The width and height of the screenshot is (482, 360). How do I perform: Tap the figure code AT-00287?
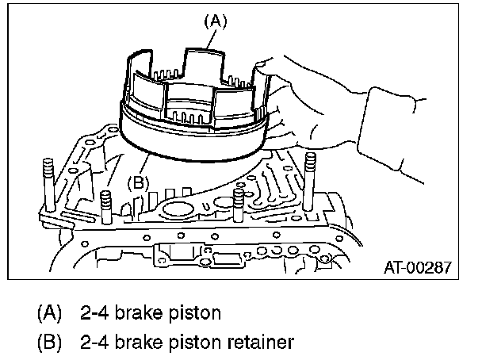pos(415,267)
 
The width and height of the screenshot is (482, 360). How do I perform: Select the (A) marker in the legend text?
pos(48,313)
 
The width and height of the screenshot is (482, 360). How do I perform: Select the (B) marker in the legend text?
pos(48,343)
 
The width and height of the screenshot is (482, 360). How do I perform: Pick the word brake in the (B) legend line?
pos(139,343)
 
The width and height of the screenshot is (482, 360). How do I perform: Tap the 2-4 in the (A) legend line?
pos(94,313)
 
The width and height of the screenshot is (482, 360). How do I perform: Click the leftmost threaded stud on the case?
pos(47,180)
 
